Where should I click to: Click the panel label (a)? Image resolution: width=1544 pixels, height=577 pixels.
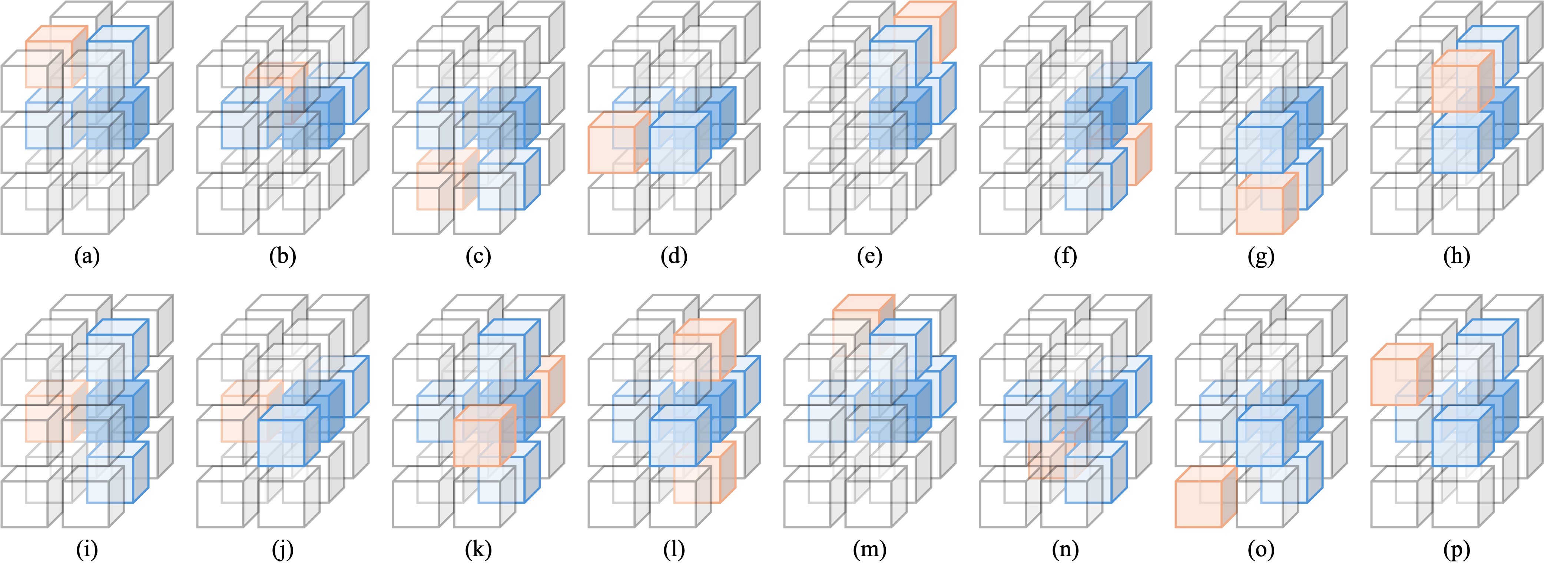86,256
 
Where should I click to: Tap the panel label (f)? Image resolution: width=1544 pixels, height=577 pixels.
1064,256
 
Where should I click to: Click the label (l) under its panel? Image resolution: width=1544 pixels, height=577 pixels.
674,550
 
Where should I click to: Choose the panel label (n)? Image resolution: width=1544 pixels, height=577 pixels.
1064,550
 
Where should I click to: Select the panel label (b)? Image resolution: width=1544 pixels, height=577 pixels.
282,256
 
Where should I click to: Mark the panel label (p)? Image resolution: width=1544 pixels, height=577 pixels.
1457,550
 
